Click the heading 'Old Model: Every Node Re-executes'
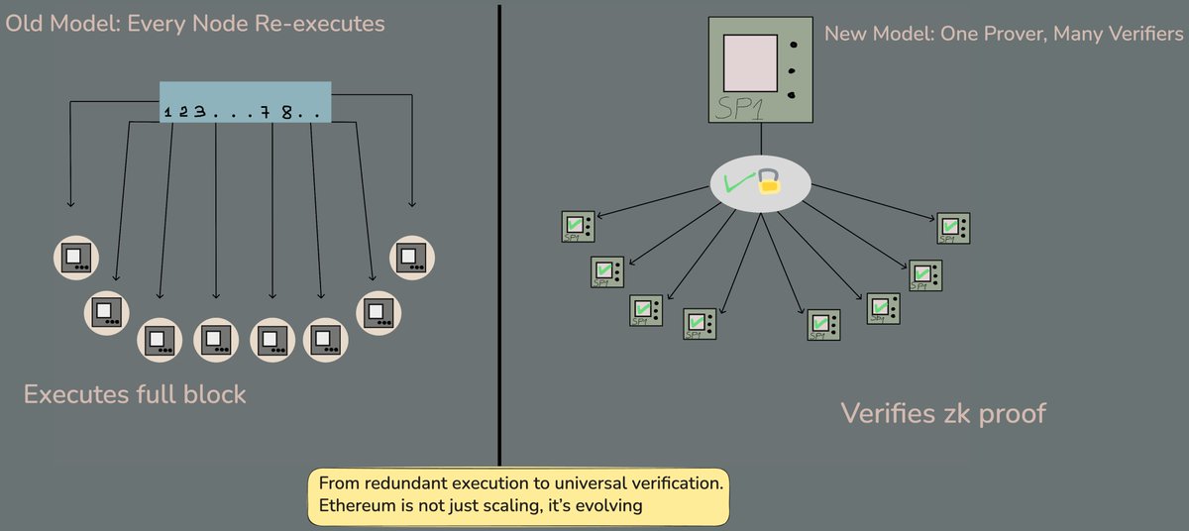coord(195,22)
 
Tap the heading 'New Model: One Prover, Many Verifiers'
coord(1004,35)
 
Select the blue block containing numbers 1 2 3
coord(245,102)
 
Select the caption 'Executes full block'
coord(135,394)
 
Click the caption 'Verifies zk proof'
coord(943,412)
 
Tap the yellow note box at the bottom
coord(519,496)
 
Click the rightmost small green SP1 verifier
coord(954,228)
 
